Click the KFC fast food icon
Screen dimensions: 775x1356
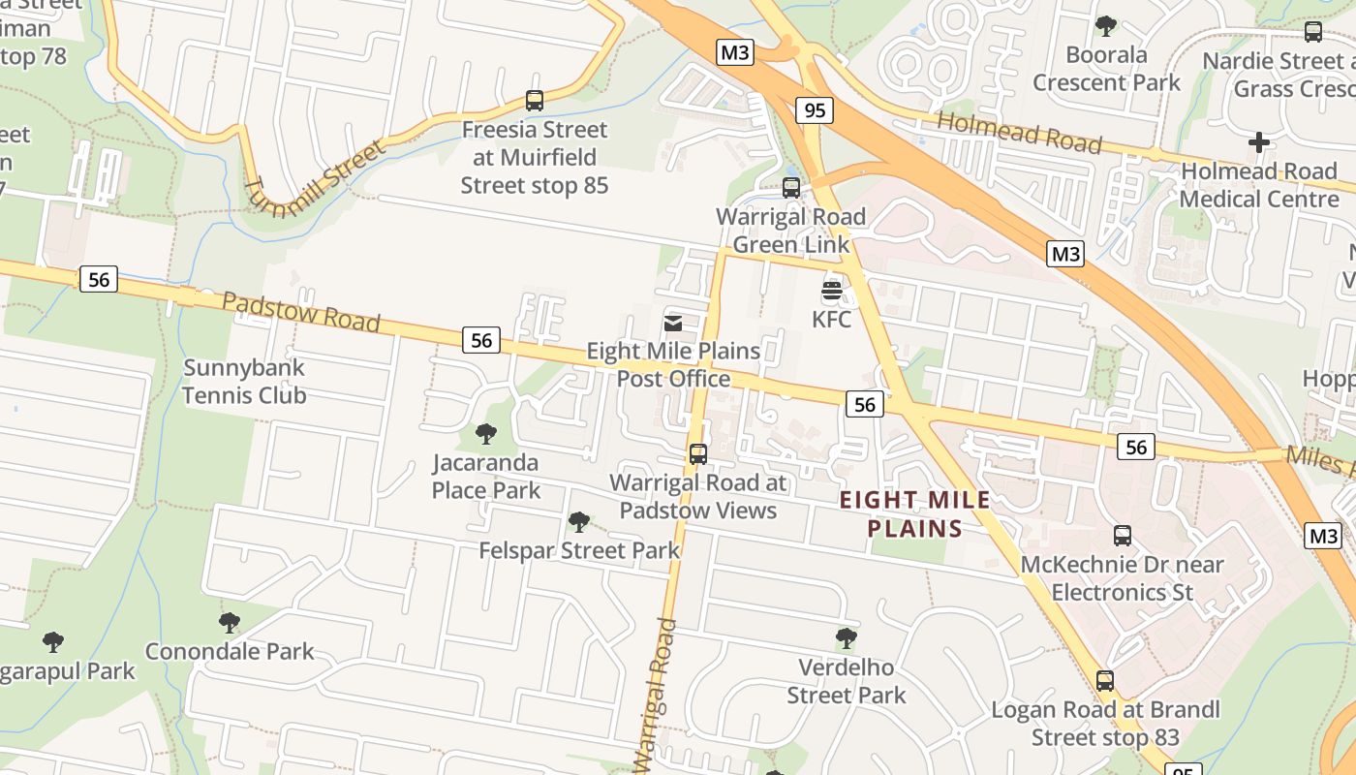point(831,290)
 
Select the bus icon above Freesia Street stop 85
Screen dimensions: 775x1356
point(535,100)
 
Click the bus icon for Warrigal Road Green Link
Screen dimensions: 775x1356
point(791,187)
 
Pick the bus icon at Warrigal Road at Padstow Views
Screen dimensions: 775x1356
point(697,453)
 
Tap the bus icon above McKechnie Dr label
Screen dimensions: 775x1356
point(1122,535)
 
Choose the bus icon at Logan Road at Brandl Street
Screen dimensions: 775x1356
point(1105,680)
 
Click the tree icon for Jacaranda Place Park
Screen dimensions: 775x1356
point(485,433)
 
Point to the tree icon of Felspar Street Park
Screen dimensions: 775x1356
point(579,522)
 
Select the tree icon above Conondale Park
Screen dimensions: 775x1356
point(229,622)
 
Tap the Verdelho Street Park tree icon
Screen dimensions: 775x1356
point(846,637)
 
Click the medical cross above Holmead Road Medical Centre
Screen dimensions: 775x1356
point(1258,142)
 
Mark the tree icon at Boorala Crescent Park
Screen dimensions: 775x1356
point(1106,25)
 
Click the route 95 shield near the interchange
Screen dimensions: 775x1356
point(815,109)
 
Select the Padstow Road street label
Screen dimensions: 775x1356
point(301,311)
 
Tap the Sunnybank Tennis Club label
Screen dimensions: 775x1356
point(244,382)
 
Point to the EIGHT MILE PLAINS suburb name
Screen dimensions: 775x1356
point(915,514)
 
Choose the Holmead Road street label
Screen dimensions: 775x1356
point(1020,134)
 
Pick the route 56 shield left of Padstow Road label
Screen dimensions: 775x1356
point(98,279)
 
